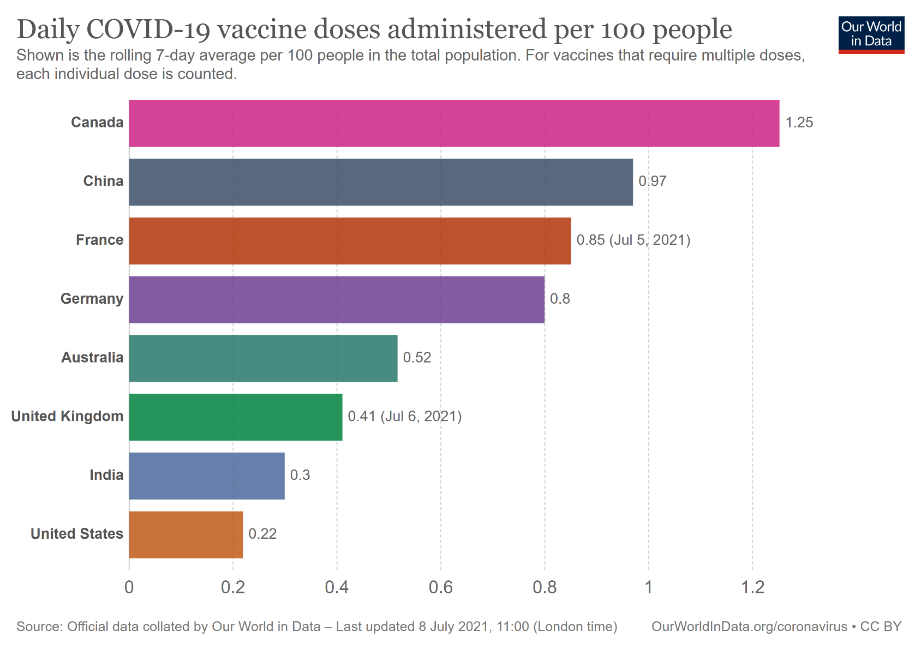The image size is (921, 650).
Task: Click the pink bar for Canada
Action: pyautogui.click(x=454, y=123)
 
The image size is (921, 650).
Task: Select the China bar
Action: pyautogui.click(x=381, y=182)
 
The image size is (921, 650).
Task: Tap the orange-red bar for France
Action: pyautogui.click(x=350, y=241)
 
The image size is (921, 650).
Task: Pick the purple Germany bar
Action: pyautogui.click(x=337, y=300)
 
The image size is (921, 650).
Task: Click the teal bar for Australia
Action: pyautogui.click(x=263, y=358)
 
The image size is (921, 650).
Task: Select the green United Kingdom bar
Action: pyautogui.click(x=236, y=417)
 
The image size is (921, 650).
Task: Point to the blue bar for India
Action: pyautogui.click(x=207, y=476)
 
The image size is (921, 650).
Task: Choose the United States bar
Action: pyautogui.click(x=186, y=534)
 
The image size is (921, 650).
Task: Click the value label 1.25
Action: pyautogui.click(x=799, y=123)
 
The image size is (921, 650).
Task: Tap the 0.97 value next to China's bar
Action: pyautogui.click(x=653, y=182)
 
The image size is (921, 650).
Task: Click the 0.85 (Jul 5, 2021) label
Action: pyautogui.click(x=633, y=240)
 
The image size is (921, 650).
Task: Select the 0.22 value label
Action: pyautogui.click(x=262, y=534)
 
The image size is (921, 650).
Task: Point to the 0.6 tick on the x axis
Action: pyautogui.click(x=440, y=587)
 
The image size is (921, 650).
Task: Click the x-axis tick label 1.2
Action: pyautogui.click(x=752, y=587)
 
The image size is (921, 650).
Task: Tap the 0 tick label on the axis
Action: pyautogui.click(x=129, y=587)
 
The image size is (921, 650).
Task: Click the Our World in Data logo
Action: pyautogui.click(x=871, y=34)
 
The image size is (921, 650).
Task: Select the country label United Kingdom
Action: pyautogui.click(x=67, y=417)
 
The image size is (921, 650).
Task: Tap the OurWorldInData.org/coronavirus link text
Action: pyautogui.click(x=749, y=627)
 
